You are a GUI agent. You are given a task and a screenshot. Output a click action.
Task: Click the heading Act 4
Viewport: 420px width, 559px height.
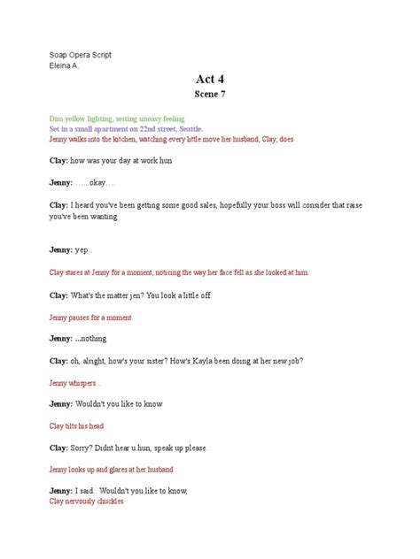(210, 77)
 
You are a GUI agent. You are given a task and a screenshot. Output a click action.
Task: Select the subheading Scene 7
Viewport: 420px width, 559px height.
(210, 94)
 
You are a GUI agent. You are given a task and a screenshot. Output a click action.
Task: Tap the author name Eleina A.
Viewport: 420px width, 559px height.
(63, 65)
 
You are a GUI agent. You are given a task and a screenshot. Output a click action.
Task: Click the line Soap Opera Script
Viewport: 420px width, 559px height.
(80, 55)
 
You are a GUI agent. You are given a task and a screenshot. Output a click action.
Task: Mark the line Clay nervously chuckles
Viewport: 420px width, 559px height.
(86, 501)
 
